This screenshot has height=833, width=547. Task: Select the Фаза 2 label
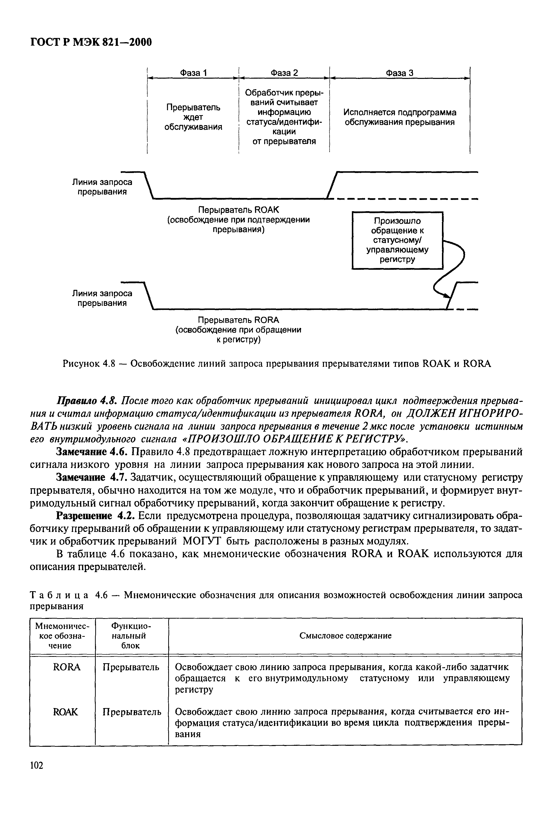point(284,73)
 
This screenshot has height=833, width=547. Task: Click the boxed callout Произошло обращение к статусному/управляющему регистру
point(397,240)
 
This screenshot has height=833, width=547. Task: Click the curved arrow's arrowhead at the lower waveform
point(447,296)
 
